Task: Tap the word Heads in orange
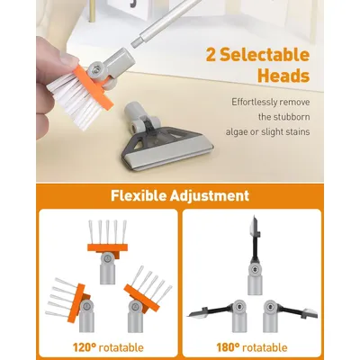pos(283,76)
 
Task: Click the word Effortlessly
pos(255,103)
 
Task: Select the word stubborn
pos(284,117)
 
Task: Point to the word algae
pos(237,131)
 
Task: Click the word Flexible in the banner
pos(139,195)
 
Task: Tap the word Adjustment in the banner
pos(210,196)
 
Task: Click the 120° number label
pos(85,347)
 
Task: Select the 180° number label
pos(228,347)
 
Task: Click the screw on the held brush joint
pos(97,69)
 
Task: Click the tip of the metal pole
pos(133,44)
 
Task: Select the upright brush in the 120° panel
pos(107,251)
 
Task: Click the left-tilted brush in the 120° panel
pos(72,303)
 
